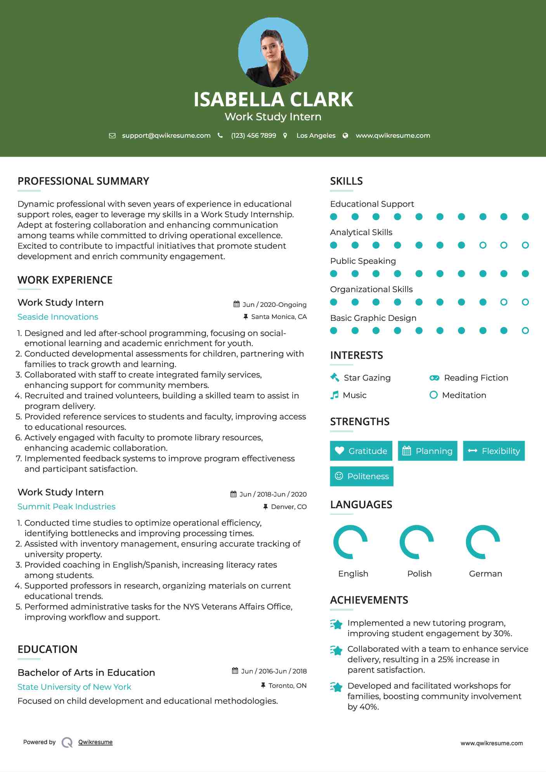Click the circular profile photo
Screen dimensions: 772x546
coord(273,52)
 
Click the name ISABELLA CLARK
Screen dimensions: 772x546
coord(273,99)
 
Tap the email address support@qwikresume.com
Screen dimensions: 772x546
coord(166,135)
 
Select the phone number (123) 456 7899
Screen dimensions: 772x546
coord(253,135)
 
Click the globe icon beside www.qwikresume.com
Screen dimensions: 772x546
coord(345,135)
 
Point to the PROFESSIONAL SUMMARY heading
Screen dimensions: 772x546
coord(83,181)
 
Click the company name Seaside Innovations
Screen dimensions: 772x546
coord(58,317)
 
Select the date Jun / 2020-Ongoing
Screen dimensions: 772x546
coord(274,305)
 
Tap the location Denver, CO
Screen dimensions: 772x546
coord(289,507)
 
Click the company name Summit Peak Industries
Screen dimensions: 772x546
coord(66,507)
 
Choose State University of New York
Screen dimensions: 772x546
coord(74,687)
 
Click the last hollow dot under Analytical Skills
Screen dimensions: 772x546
coord(525,245)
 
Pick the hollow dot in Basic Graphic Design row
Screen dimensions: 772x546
coord(525,331)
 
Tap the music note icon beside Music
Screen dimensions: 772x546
coord(334,395)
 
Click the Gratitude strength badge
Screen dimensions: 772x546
coord(361,451)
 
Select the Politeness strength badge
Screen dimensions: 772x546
coord(361,476)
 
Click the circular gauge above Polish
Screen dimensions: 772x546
coord(416,542)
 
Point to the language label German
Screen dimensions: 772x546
coord(485,573)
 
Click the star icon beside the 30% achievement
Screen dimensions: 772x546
coord(336,624)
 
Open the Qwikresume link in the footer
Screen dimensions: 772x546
coord(95,742)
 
